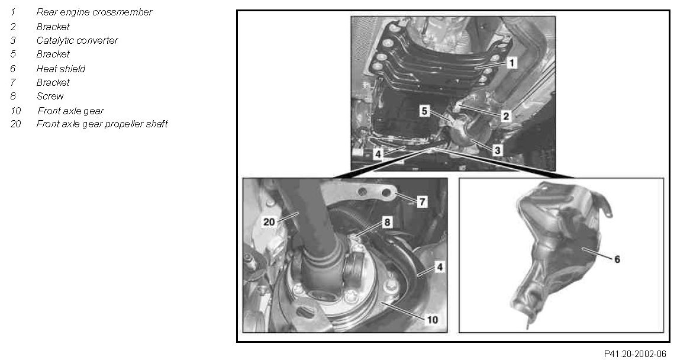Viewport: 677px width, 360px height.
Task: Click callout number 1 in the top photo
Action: [511, 63]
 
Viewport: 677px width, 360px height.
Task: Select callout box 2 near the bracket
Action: [505, 116]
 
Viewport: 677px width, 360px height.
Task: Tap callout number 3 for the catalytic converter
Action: [497, 150]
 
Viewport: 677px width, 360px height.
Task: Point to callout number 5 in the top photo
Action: [425, 111]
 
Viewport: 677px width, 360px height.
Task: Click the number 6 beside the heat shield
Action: [617, 259]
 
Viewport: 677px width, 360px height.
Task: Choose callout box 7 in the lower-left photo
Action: [422, 201]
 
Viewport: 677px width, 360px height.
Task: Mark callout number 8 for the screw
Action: [387, 222]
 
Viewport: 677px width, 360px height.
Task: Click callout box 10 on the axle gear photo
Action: [432, 319]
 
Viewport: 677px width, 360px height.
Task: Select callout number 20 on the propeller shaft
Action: [269, 221]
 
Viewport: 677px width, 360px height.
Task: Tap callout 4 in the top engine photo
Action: [378, 154]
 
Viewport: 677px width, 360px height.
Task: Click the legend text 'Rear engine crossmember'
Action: [94, 12]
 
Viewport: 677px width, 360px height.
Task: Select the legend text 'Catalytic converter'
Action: [77, 41]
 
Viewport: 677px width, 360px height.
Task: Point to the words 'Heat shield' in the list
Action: [61, 69]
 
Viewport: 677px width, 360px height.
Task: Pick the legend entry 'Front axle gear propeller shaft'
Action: [102, 124]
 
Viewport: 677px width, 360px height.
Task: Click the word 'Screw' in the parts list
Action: [50, 96]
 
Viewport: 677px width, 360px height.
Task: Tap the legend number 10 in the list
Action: [15, 111]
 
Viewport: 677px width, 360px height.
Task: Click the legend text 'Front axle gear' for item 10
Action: [71, 111]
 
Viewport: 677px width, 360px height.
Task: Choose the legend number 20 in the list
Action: [15, 124]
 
